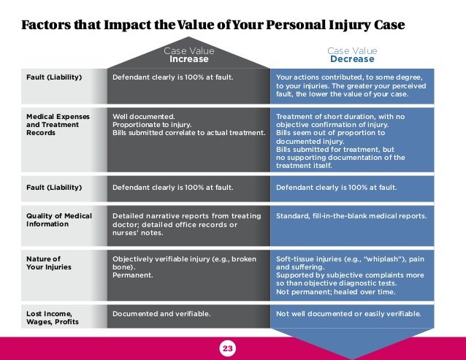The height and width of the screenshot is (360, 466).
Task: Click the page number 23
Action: click(x=227, y=349)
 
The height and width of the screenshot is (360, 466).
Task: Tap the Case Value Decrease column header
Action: click(x=352, y=55)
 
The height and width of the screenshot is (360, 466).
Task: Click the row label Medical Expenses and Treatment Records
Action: click(x=48, y=124)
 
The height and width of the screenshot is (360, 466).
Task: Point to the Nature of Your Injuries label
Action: click(x=43, y=263)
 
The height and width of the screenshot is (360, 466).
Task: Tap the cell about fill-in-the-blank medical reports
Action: click(x=351, y=216)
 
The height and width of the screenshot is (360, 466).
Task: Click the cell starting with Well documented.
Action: click(x=188, y=124)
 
